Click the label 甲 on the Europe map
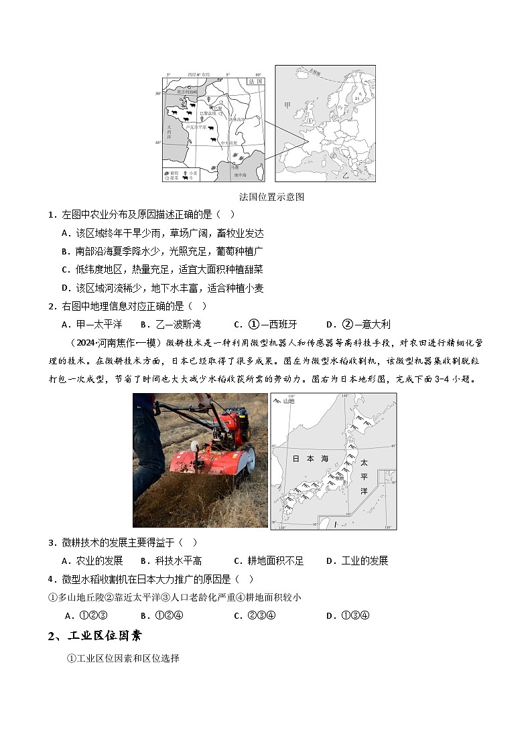287,106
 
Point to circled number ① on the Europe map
310,121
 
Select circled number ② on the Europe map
332,155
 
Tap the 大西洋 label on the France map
170,129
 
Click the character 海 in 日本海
324,459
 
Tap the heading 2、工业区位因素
94,636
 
